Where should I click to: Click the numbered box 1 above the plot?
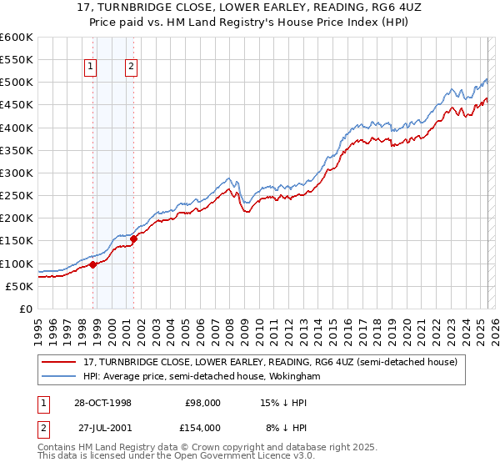pos(89,69)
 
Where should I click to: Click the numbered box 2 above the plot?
pos(132,69)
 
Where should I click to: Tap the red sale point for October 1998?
pos(93,264)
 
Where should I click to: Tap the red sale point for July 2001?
pos(133,239)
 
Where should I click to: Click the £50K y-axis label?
pos(18,286)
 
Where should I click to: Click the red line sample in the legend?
pos(58,363)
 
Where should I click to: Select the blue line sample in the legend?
pos(58,377)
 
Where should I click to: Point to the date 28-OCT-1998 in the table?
pos(103,402)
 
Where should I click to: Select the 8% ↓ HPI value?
pos(283,427)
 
